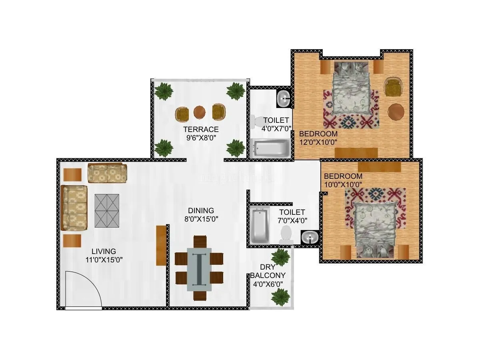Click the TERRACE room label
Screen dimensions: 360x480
pyautogui.click(x=201, y=129)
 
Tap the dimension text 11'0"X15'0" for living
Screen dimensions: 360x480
pyautogui.click(x=104, y=259)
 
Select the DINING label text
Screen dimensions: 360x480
pyautogui.click(x=201, y=210)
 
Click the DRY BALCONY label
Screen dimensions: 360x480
pyautogui.click(x=268, y=271)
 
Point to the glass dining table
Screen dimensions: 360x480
pyautogui.click(x=199, y=268)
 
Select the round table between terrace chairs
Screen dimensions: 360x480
pyautogui.click(x=200, y=112)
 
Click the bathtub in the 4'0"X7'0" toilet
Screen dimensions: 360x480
pyautogui.click(x=270, y=148)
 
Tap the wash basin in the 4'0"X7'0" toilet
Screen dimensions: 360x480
pyautogui.click(x=284, y=98)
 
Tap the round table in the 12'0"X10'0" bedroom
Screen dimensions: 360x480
pyautogui.click(x=396, y=112)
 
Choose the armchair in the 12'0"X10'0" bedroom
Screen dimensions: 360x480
pyautogui.click(x=392, y=88)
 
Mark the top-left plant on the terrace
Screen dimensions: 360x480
pyautogui.click(x=164, y=91)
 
